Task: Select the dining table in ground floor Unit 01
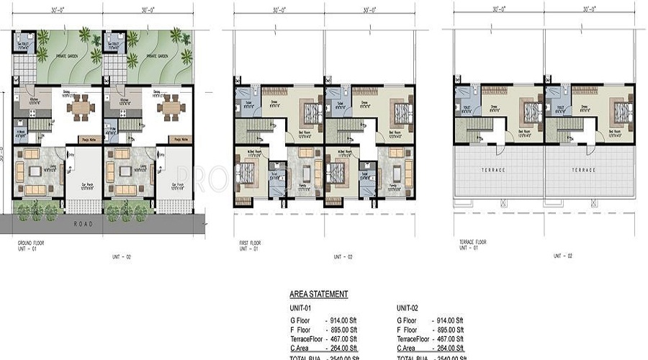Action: (79, 109)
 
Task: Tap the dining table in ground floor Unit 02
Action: (170, 109)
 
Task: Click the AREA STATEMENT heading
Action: (318, 294)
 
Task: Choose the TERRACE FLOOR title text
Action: (472, 243)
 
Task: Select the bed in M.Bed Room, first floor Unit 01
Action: (245, 174)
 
